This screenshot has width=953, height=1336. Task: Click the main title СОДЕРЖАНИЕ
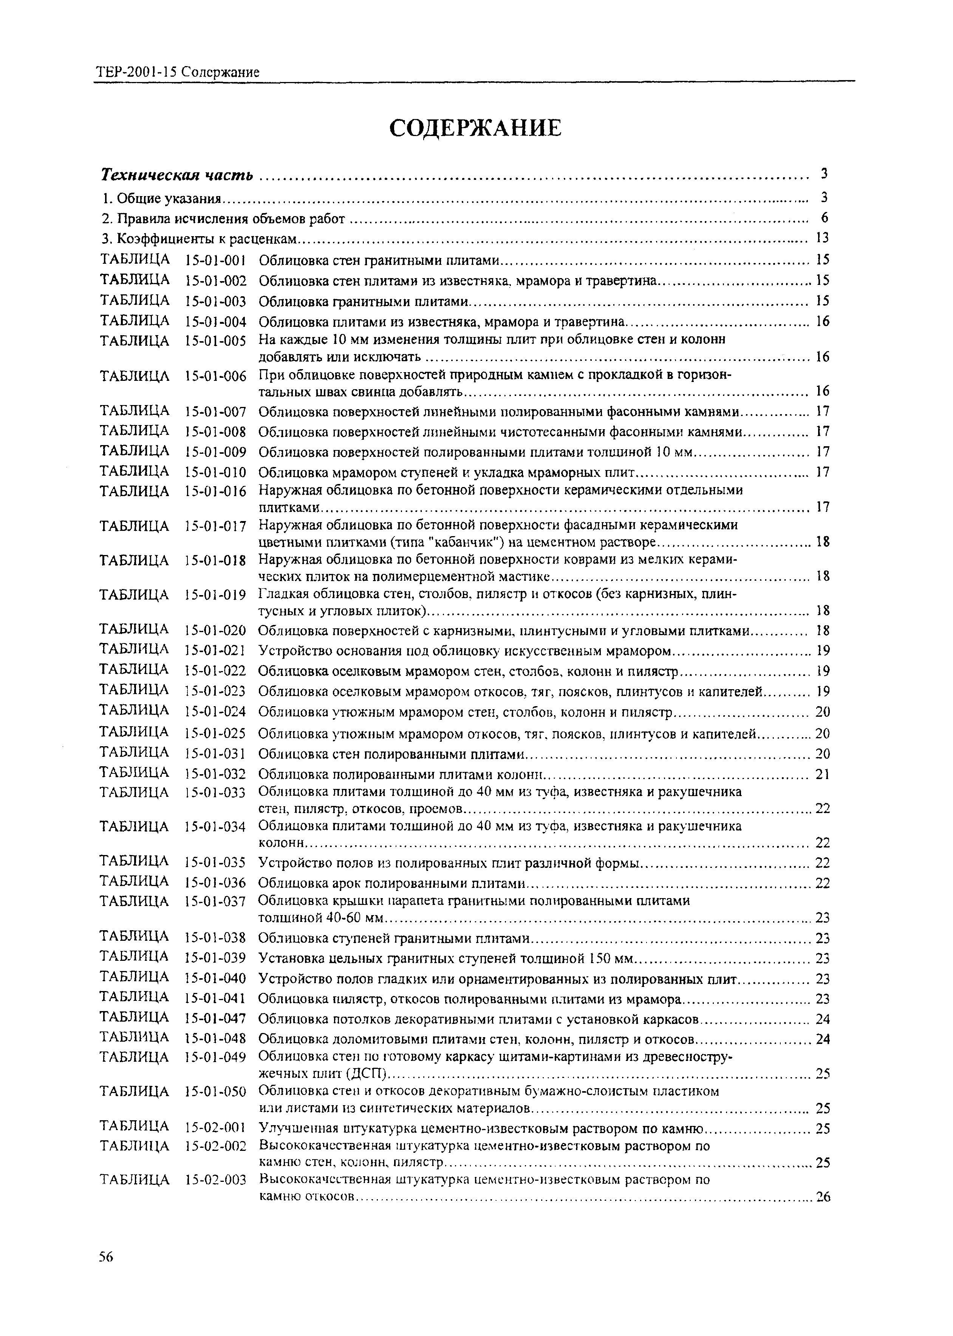point(475,128)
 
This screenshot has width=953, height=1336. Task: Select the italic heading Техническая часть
point(177,175)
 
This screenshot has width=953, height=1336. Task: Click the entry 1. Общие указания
point(161,199)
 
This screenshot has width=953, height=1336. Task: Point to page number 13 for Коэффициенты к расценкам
point(822,238)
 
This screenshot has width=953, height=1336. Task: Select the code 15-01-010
point(215,472)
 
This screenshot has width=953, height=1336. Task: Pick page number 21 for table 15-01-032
point(823,775)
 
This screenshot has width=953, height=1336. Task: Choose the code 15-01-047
point(215,1019)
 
